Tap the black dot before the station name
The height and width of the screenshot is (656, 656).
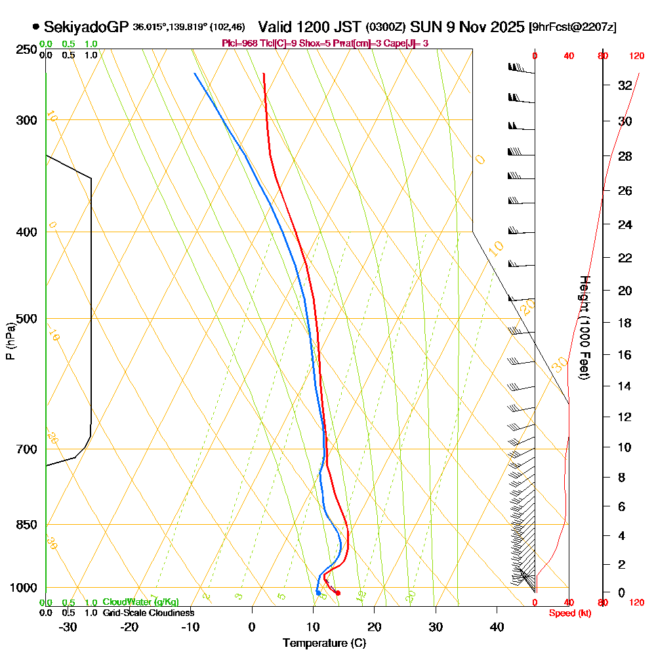[35, 28]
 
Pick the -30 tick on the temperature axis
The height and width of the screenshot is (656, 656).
[68, 627]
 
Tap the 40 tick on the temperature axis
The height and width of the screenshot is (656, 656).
[497, 627]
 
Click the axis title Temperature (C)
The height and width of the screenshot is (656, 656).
[324, 644]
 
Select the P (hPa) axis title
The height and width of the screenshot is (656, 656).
[10, 341]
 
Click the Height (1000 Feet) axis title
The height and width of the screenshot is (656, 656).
[584, 327]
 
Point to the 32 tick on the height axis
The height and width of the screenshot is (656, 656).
[625, 85]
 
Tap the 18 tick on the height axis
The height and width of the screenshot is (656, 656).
[625, 323]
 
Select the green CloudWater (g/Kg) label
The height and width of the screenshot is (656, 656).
[140, 602]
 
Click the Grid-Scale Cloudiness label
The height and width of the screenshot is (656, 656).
[148, 613]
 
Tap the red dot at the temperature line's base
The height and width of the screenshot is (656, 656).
[338, 593]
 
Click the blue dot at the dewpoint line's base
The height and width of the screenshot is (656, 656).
[318, 593]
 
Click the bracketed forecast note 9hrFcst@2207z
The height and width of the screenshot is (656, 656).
[573, 28]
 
